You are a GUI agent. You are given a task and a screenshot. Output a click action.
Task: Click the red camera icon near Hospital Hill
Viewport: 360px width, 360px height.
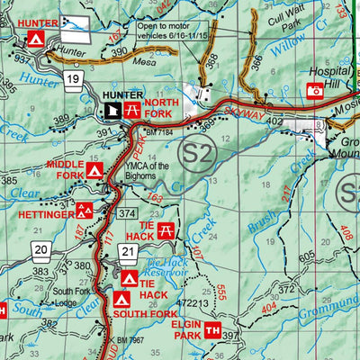[x=314, y=90]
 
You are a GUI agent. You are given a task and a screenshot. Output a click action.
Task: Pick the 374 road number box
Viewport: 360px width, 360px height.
[x=127, y=212]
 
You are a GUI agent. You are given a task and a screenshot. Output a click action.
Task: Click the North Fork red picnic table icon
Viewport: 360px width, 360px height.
[x=132, y=110]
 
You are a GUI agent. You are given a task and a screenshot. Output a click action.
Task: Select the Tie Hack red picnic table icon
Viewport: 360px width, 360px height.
[x=166, y=231]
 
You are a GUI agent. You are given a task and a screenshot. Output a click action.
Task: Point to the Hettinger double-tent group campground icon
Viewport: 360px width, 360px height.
[x=84, y=211]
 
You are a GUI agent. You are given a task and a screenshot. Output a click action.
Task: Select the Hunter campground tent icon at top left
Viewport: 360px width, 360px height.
[x=34, y=40]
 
